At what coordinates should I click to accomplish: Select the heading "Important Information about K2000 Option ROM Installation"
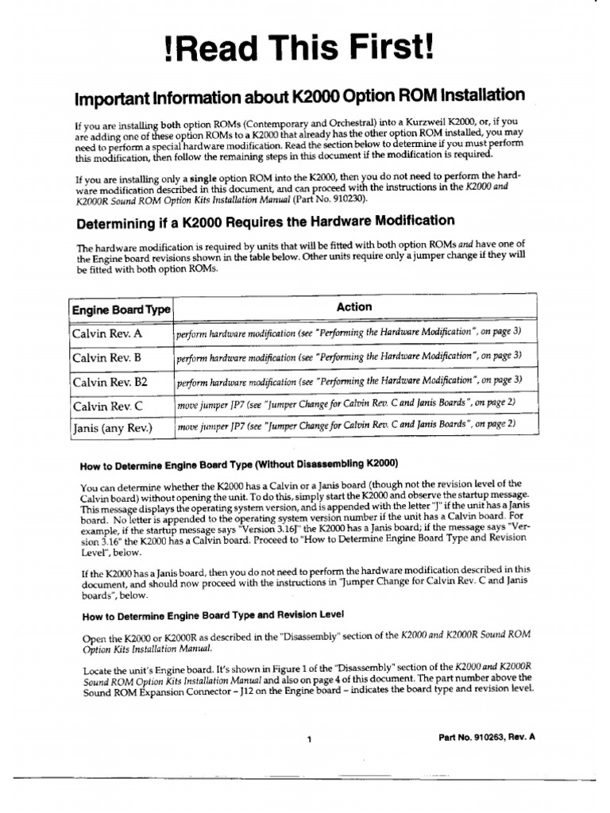(x=299, y=98)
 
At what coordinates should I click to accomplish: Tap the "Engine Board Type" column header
(x=122, y=310)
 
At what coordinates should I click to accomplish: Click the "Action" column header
(x=353, y=307)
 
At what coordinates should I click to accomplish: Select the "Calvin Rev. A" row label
(x=107, y=334)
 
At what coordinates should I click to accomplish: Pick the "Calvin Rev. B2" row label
(x=110, y=382)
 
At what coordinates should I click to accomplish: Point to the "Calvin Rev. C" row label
(x=108, y=406)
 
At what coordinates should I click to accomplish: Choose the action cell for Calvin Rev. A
(x=349, y=333)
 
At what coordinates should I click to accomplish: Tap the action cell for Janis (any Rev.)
(x=346, y=426)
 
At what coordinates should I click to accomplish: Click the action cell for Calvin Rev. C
(x=346, y=404)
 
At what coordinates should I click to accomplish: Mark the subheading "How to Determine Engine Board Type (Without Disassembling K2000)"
(x=239, y=464)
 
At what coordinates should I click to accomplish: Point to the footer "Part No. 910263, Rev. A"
(x=487, y=737)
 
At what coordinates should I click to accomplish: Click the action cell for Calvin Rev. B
(x=349, y=356)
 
